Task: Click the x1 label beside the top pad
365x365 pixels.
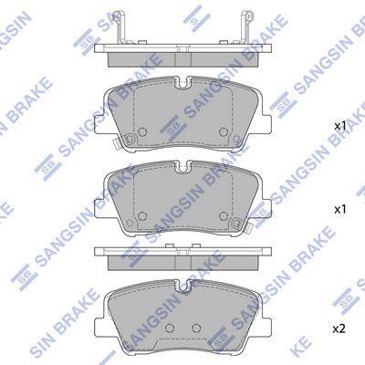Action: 340,126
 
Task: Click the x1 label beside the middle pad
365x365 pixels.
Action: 340,209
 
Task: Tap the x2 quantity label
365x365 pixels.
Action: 339,328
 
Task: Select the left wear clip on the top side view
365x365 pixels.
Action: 120,27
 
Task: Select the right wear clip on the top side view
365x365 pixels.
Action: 246,27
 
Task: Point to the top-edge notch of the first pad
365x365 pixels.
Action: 182,84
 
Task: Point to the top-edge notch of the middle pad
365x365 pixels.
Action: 182,167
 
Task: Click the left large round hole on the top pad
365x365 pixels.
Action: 142,131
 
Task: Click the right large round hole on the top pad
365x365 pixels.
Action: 224,131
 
